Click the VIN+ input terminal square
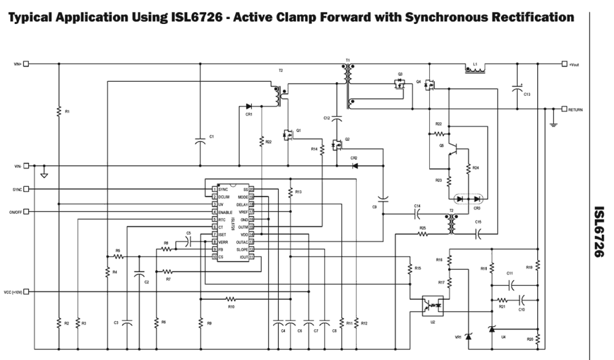(27, 64)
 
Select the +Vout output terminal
(565, 64)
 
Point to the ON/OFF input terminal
(27, 211)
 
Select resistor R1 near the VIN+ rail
(59, 112)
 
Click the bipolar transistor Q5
(454, 146)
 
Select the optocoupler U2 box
(433, 305)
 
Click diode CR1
(249, 106)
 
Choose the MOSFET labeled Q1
(287, 134)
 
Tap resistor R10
(230, 298)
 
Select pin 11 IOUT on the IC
(251, 256)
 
